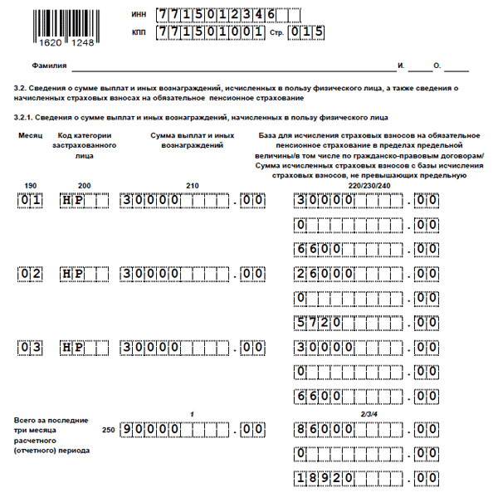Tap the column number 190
pyautogui.click(x=31, y=185)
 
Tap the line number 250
pyautogui.click(x=108, y=430)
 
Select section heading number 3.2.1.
pyautogui.click(x=25, y=118)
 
